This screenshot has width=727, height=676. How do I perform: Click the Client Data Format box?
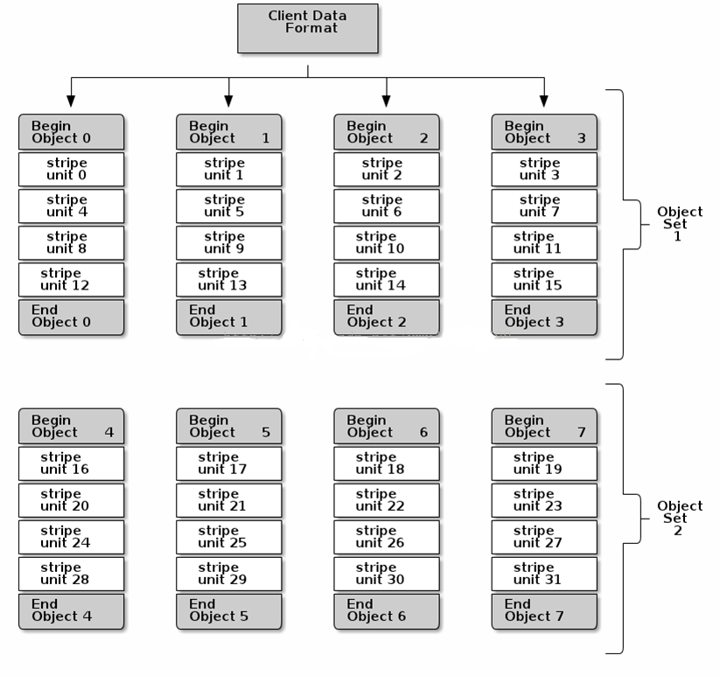[307, 28]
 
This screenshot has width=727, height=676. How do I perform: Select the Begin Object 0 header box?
[72, 132]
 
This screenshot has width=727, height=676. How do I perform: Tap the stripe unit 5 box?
[229, 206]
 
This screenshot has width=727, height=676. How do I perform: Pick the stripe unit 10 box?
[387, 243]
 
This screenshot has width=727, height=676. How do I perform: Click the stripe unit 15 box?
[544, 280]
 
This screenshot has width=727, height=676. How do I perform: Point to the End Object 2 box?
[387, 317]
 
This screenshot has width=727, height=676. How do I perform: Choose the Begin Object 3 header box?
[544, 132]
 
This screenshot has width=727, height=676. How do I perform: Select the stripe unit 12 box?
[72, 280]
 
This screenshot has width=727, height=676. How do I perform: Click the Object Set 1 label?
[680, 224]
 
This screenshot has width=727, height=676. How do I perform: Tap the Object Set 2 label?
[680, 519]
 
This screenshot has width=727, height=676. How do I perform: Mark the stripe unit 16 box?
[72, 463]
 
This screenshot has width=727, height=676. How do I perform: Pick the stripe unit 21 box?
[229, 500]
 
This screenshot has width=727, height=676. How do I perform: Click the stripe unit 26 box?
[387, 537]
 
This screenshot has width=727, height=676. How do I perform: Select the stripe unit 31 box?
[544, 574]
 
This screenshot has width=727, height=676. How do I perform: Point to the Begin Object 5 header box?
[229, 426]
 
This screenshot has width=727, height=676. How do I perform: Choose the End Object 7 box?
[544, 611]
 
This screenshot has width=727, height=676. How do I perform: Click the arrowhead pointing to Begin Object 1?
[228, 101]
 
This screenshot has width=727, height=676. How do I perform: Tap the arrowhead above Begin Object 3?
[544, 101]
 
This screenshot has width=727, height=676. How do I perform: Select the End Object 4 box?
[72, 611]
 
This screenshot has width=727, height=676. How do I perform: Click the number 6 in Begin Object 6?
[423, 432]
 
